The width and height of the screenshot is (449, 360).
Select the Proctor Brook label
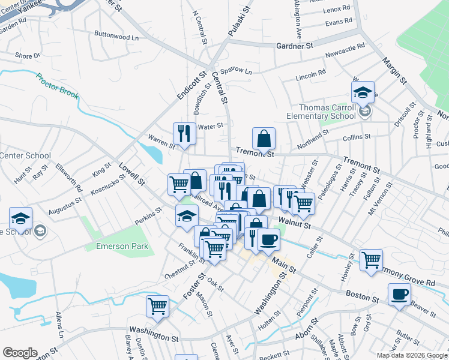point(56,85)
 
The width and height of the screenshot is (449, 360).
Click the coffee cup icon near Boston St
point(399,294)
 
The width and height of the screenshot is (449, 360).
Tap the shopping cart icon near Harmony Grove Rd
point(372,259)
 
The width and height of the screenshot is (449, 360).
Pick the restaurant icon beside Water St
point(184,133)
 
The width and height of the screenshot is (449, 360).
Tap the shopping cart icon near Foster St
point(157,305)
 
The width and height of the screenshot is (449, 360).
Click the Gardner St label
point(295,46)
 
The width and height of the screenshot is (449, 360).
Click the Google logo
point(20,353)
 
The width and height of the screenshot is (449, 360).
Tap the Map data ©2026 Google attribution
point(412,355)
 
